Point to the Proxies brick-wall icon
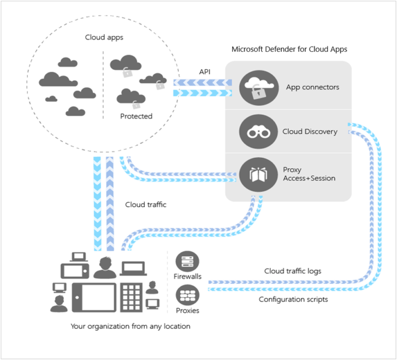(188, 295)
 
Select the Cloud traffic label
(146, 204)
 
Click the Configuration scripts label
(293, 299)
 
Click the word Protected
(136, 116)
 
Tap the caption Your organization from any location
(130, 326)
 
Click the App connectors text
(313, 87)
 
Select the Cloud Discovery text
(310, 131)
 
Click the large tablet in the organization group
(94, 297)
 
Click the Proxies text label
(188, 310)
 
